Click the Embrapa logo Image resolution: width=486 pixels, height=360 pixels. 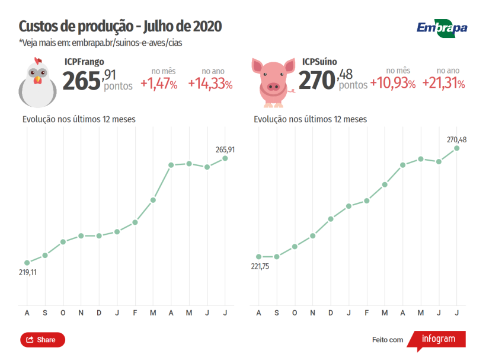tap(442, 28)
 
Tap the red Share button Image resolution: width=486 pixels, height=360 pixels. tap(43, 340)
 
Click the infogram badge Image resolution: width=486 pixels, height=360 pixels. tap(439, 340)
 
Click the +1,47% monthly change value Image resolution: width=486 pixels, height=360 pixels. tap(159, 84)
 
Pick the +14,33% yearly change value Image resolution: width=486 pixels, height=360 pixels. tap(210, 84)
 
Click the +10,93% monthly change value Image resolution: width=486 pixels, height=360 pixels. tap(392, 84)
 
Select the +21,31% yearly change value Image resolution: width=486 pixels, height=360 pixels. tap(443, 84)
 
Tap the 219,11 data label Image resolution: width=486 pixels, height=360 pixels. tap(28, 272)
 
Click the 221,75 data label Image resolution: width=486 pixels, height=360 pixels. tap(260, 266)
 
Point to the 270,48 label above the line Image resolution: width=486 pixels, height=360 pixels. tap(456, 139)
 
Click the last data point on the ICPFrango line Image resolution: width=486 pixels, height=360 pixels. tap(225, 158)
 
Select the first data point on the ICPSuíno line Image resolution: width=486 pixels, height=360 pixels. tap(258, 256)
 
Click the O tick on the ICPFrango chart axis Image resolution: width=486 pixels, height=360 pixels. tap(63, 313)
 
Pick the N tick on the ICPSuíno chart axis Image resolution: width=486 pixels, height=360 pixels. tap(313, 313)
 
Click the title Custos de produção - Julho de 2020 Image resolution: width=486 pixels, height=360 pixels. tap(120, 27)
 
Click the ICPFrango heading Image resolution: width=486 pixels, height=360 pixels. tap(84, 61)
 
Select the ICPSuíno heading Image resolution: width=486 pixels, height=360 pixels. tap(320, 61)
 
